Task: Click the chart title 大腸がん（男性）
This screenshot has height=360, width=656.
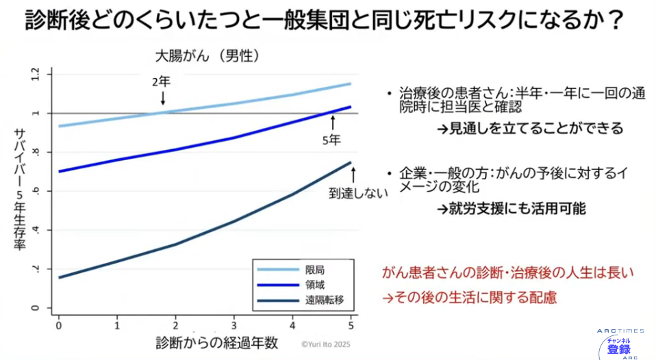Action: [x=207, y=56]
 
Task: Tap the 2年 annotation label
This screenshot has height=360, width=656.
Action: [x=161, y=81]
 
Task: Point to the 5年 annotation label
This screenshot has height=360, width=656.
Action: [x=331, y=140]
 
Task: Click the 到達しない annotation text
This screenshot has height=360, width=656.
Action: [x=358, y=193]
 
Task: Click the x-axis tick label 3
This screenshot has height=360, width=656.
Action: [x=234, y=326]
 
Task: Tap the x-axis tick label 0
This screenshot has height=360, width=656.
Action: [x=59, y=326]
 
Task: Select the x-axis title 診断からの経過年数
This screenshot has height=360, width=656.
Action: [x=216, y=343]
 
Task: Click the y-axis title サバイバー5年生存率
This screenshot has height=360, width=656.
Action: [x=20, y=189]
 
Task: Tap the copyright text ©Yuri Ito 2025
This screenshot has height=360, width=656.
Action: [x=326, y=344]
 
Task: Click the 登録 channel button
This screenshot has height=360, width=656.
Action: [x=618, y=349]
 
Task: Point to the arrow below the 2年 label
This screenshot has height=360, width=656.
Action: [x=163, y=98]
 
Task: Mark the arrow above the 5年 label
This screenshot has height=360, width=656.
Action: [x=333, y=123]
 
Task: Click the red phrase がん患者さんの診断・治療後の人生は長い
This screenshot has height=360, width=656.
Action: [x=508, y=272]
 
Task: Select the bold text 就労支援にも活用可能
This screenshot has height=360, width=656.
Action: [x=517, y=209]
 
